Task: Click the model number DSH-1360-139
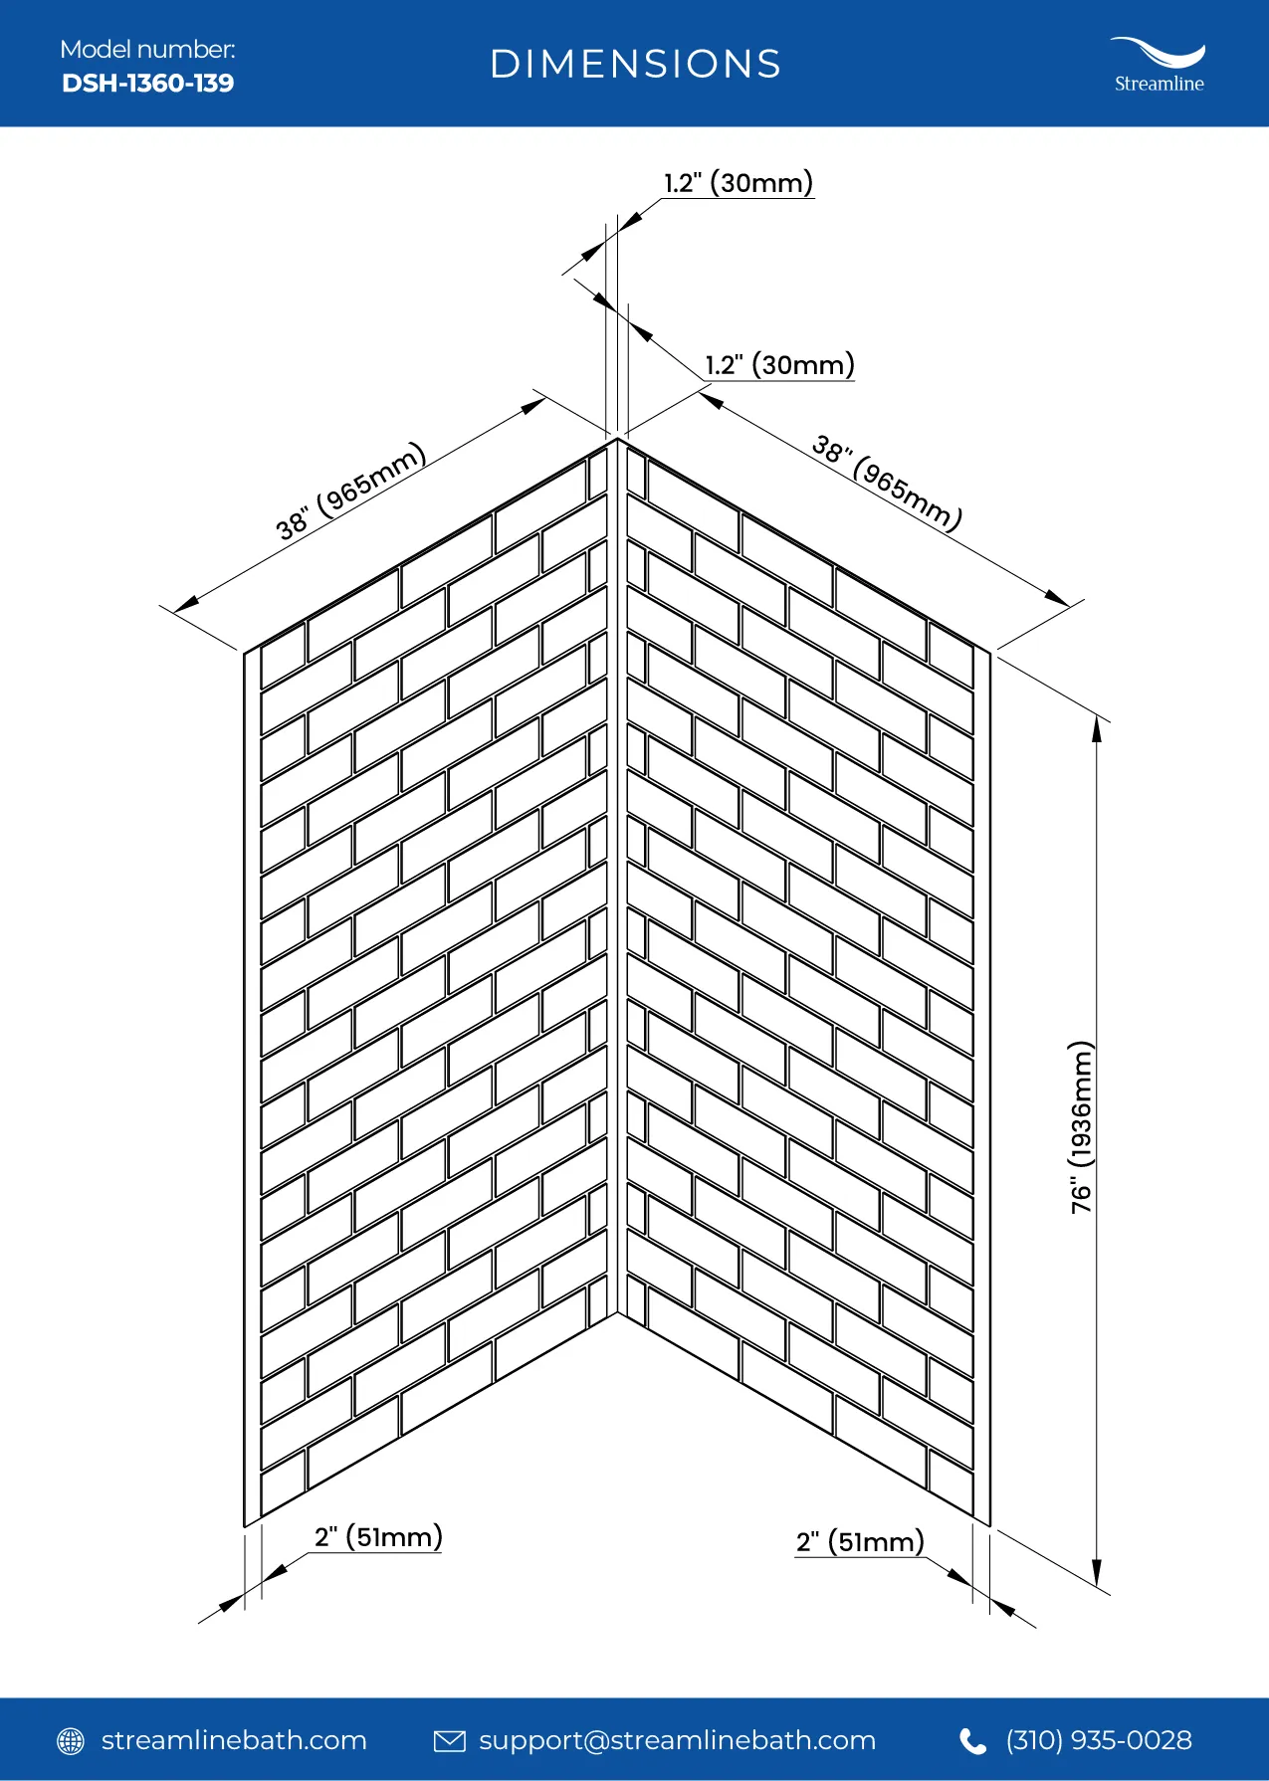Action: point(147,83)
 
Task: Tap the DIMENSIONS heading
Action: point(635,65)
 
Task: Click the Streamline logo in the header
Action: point(1159,66)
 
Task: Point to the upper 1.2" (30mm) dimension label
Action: point(739,183)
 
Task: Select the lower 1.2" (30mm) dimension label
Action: point(780,365)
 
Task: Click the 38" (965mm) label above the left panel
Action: point(351,491)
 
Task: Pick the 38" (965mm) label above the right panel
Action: point(887,483)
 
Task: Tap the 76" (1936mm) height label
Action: point(1081,1127)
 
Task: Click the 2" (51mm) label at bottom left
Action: point(378,1537)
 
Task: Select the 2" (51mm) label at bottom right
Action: point(860,1542)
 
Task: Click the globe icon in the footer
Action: point(71,1740)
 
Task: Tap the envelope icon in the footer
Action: point(450,1740)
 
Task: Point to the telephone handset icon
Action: point(972,1740)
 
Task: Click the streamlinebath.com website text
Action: point(234,1740)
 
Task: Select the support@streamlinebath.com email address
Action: point(677,1741)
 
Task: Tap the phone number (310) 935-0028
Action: point(1099,1740)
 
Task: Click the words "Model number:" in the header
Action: point(147,49)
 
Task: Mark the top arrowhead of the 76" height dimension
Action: point(1097,727)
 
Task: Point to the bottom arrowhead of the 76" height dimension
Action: point(1097,1576)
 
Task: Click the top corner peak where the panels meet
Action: point(617,439)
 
